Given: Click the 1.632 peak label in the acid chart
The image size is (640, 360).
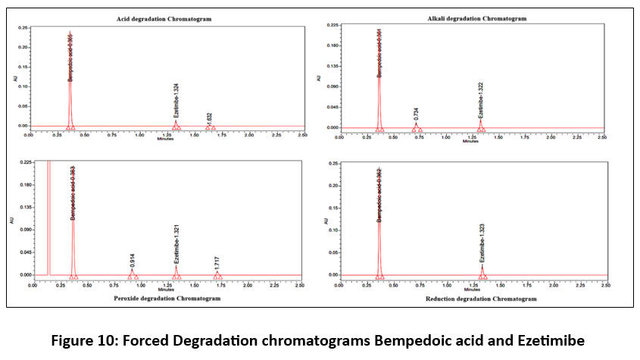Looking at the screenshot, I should point(209,119).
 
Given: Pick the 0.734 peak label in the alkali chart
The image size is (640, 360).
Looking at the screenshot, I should point(416,114).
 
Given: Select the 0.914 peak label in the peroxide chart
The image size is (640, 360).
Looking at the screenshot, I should point(133,261).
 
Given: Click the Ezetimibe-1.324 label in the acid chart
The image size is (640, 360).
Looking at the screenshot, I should point(175,104).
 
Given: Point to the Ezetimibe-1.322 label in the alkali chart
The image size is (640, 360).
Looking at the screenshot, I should point(480,102).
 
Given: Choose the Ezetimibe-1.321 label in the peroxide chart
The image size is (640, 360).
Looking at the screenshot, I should point(176,247).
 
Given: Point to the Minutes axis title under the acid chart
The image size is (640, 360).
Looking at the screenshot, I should point(164,139).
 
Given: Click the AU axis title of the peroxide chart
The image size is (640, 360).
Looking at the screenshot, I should point(11,221).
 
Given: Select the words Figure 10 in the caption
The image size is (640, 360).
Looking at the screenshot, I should point(82,341).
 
